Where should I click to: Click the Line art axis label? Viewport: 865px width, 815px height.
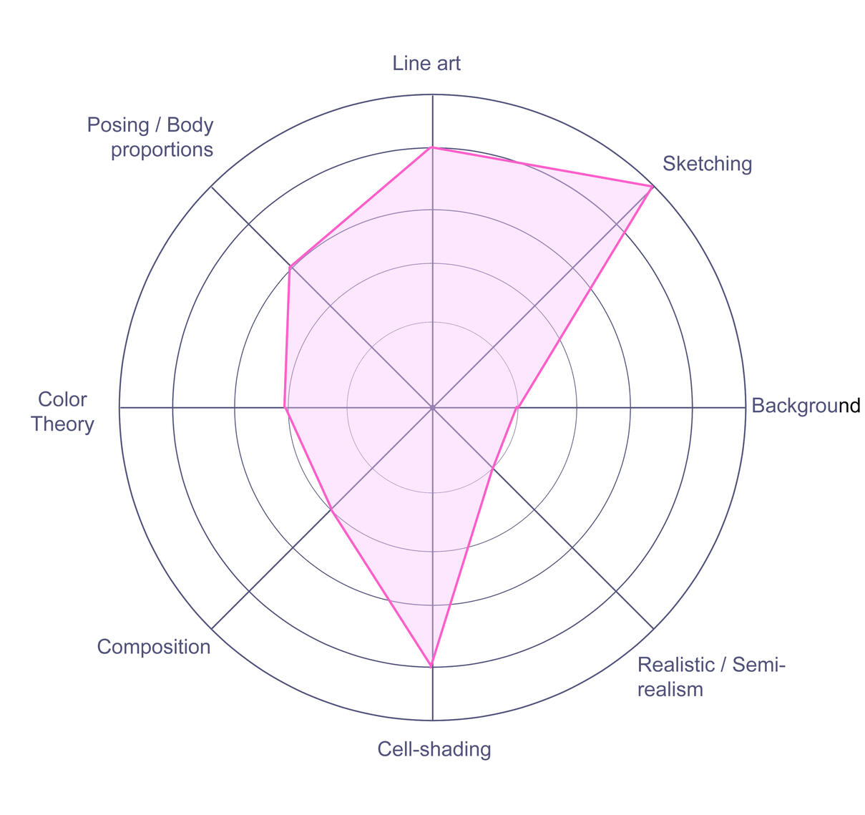pos(426,64)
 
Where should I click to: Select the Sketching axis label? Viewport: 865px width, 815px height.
pos(707,165)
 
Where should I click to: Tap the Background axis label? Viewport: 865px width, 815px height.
pos(806,406)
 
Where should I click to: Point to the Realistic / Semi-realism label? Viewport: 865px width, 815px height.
pos(711,678)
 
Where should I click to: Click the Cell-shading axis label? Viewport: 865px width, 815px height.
pos(434,749)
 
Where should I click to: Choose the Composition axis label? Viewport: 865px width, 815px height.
pos(154,648)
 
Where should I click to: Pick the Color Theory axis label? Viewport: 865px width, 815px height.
pos(62,411)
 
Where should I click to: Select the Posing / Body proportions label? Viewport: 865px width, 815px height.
pos(150,137)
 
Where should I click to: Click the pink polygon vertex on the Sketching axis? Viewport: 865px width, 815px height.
pos(652,187)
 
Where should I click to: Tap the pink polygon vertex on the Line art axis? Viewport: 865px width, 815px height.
pos(432,148)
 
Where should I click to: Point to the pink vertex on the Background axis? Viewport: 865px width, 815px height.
pos(517,408)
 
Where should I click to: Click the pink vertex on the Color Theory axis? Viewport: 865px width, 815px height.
pos(285,408)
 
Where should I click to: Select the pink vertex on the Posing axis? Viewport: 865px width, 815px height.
pos(290,267)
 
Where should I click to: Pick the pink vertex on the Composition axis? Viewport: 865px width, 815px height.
pos(331,509)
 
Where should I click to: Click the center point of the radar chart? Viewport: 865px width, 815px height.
pos(432,408)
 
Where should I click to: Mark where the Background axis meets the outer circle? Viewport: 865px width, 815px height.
pos(746,408)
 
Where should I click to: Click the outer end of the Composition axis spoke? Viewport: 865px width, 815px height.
pos(211,628)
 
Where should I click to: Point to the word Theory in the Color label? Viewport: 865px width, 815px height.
pos(62,424)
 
